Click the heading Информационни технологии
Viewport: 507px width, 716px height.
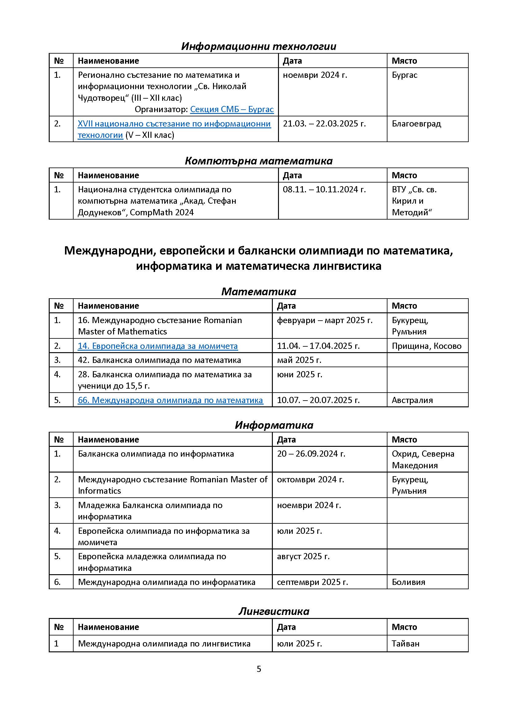(258, 47)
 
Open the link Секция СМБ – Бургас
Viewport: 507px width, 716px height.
(232, 109)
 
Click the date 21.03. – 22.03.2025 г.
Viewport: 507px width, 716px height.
(324, 124)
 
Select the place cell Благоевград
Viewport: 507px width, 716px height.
(416, 124)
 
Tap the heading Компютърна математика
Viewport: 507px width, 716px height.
(258, 161)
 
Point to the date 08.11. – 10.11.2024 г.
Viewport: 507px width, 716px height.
(324, 190)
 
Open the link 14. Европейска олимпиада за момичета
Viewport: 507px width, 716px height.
(158, 346)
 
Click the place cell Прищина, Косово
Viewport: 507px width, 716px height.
(426, 346)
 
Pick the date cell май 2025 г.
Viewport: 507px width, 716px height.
(299, 360)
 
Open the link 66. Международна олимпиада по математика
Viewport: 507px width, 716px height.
(170, 400)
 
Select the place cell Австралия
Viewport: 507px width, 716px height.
(412, 400)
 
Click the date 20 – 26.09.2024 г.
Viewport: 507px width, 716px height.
(311, 454)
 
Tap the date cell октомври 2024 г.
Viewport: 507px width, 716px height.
(310, 479)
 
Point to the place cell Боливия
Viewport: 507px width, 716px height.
(408, 582)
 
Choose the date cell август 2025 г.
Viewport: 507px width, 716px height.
(303, 556)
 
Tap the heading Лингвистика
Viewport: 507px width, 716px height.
(274, 612)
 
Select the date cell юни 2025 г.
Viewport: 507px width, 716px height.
(299, 375)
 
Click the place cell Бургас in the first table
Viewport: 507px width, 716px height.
(404, 75)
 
